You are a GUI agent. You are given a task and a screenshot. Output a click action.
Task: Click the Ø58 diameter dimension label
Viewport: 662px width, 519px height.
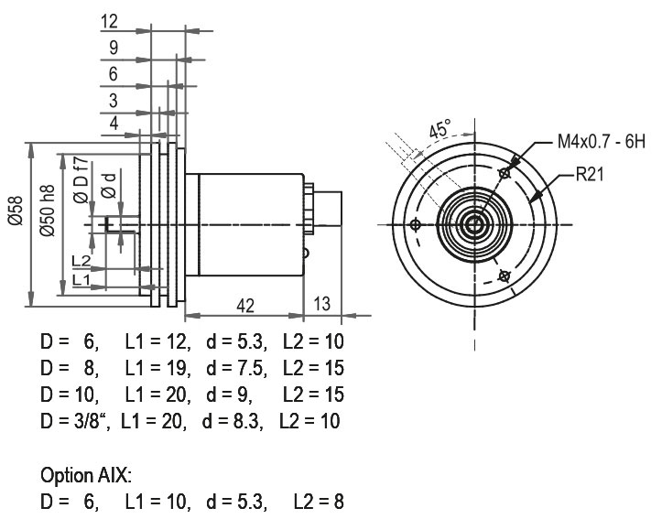[16, 210]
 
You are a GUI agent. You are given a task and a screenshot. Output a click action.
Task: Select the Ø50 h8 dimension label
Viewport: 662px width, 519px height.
[48, 210]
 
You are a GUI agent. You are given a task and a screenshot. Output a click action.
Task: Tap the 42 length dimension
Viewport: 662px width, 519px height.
[245, 306]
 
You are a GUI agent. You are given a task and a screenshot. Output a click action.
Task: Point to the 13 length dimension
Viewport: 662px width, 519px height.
[322, 303]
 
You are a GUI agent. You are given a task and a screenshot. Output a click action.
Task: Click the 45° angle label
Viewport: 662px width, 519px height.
[440, 128]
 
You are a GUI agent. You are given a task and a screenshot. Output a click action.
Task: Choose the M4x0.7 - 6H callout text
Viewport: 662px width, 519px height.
[602, 141]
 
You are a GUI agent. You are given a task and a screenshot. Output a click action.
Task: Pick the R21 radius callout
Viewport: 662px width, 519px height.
[590, 174]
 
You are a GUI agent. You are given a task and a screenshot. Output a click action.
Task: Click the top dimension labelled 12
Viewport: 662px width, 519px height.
[109, 21]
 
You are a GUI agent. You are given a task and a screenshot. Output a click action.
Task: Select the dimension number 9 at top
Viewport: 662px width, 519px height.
[114, 48]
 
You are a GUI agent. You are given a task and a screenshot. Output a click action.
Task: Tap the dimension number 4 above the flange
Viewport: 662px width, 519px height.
[114, 124]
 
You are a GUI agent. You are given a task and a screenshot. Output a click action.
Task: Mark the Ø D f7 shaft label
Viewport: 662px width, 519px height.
[81, 179]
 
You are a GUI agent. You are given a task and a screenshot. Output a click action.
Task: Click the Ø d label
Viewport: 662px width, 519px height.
[109, 185]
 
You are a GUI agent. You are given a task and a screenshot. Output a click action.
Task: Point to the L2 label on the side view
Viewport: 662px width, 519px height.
[81, 261]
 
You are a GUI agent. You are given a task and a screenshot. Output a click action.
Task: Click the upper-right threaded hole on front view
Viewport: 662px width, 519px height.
[505, 173]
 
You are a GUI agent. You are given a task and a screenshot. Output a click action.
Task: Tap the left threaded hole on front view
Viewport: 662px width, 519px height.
[416, 224]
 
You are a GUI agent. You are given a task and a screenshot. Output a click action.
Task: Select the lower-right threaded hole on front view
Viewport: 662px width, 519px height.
[505, 276]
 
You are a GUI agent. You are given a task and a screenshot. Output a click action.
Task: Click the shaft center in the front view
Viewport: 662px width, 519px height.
[474, 224]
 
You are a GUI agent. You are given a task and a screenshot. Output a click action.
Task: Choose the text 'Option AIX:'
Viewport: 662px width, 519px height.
[86, 475]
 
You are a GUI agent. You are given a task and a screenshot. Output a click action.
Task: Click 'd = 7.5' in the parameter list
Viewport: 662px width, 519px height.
[237, 368]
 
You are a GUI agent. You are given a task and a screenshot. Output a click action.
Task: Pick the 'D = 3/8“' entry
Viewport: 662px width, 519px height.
[76, 421]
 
